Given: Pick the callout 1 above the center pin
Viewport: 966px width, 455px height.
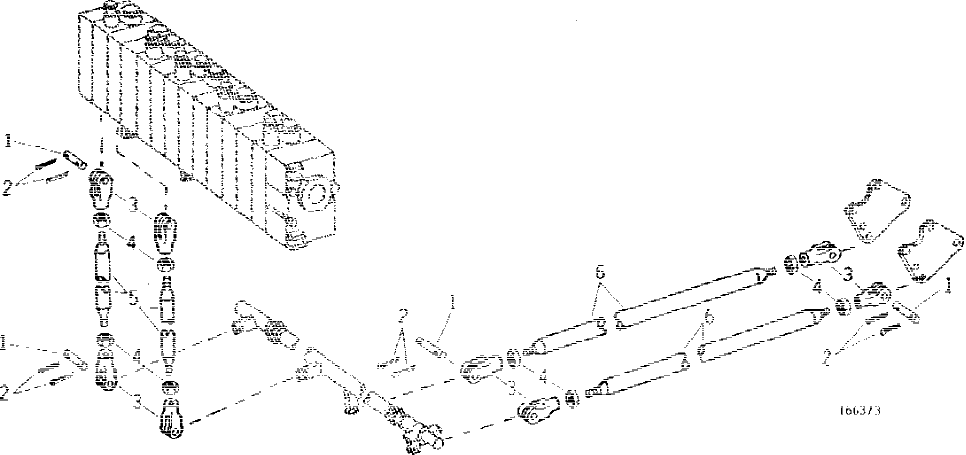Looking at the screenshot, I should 452,301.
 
